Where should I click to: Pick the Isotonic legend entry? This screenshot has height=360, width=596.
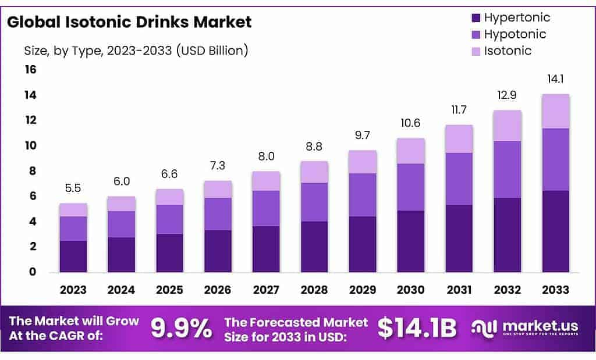tap(501, 51)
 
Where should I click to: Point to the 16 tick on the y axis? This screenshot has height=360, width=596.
tap(30, 70)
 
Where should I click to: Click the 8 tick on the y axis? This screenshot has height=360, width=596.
tap(33, 171)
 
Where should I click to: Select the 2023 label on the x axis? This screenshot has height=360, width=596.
tap(73, 290)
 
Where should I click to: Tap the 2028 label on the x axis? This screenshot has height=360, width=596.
tap(314, 290)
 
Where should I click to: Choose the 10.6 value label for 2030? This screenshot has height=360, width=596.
tap(410, 124)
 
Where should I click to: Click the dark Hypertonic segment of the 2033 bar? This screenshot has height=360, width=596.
tap(555, 231)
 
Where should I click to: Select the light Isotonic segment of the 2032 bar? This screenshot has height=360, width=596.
tap(507, 126)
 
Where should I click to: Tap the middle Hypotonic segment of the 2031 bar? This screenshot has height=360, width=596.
tap(459, 179)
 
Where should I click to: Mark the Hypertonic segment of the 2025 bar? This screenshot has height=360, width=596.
tap(169, 253)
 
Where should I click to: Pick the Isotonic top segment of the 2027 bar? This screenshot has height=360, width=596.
tap(266, 181)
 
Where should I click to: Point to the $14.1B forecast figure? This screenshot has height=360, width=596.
tap(417, 329)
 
